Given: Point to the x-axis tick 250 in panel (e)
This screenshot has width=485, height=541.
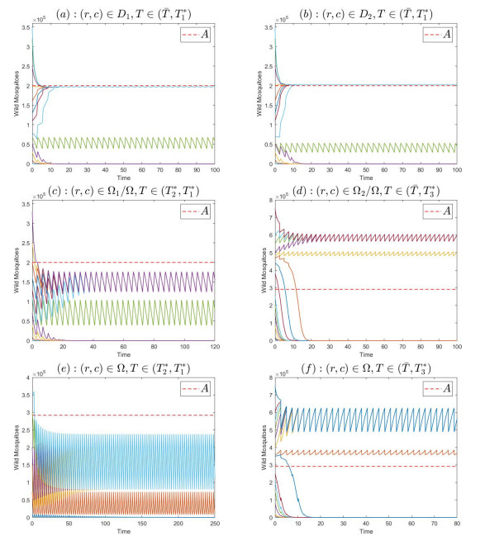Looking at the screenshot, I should coord(210,524).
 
